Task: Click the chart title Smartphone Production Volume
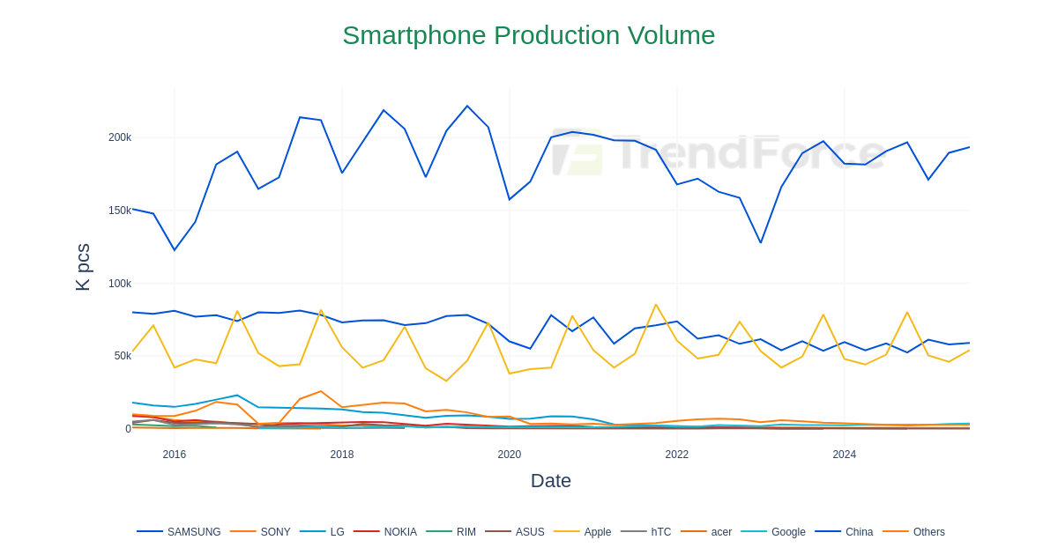(528, 35)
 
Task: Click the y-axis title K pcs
(83, 267)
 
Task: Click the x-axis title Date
(550, 481)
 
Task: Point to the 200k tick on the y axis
(120, 137)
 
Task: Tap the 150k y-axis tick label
(120, 211)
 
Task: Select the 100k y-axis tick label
(120, 284)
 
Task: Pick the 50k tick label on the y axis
(123, 356)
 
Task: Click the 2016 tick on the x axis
(175, 455)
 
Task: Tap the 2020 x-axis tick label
(510, 455)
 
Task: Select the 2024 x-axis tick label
(844, 455)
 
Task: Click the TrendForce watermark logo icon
(577, 152)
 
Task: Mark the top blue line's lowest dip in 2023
(761, 243)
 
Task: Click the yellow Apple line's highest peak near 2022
(656, 305)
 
